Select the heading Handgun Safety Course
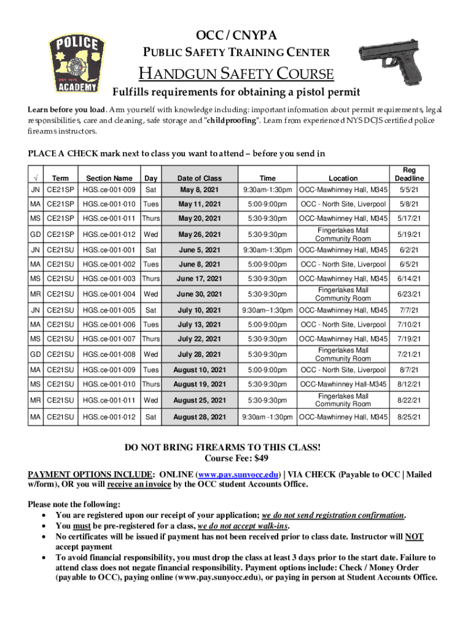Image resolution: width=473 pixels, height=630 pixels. coord(236,74)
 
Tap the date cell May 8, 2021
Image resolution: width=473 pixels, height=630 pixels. coord(200,189)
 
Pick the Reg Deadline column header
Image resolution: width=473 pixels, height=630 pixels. coord(408,174)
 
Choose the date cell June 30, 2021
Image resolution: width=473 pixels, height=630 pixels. coord(200,294)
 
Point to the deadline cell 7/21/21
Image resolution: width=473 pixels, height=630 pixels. coord(408,354)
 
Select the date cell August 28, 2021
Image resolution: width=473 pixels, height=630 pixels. coord(200,417)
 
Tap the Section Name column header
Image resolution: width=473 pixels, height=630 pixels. coord(109,178)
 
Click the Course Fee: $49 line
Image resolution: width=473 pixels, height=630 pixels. coord(236,458)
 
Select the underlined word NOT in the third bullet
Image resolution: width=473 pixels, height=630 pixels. coord(414,536)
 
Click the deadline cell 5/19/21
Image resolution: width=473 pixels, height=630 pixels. coord(408,234)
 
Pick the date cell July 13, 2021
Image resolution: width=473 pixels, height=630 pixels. coord(200,324)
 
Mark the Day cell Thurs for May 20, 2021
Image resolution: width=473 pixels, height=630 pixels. coord(150,219)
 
